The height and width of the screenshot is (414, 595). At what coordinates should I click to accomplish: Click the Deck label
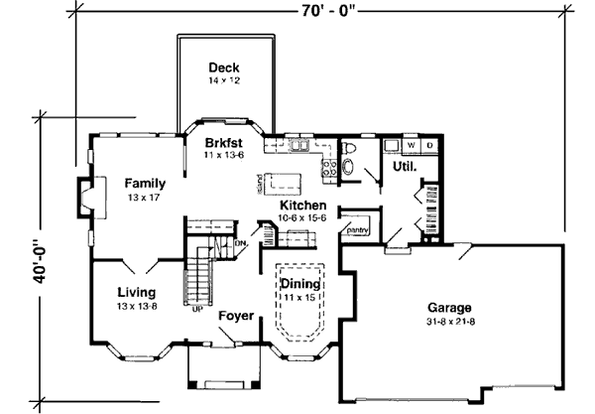[x=221, y=68]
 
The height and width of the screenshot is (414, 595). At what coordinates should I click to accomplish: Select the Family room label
[x=145, y=183]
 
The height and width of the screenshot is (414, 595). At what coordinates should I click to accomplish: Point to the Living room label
[x=137, y=292]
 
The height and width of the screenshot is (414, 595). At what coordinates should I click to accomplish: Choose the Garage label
[x=449, y=307]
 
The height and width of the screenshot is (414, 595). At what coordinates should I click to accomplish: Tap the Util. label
[x=403, y=168]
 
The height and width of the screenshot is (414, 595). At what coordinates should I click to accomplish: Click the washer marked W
[x=412, y=145]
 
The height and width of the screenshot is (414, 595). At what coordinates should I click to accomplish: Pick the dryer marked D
[x=430, y=145]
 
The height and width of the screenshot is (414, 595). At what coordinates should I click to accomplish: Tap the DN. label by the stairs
[x=241, y=241]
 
